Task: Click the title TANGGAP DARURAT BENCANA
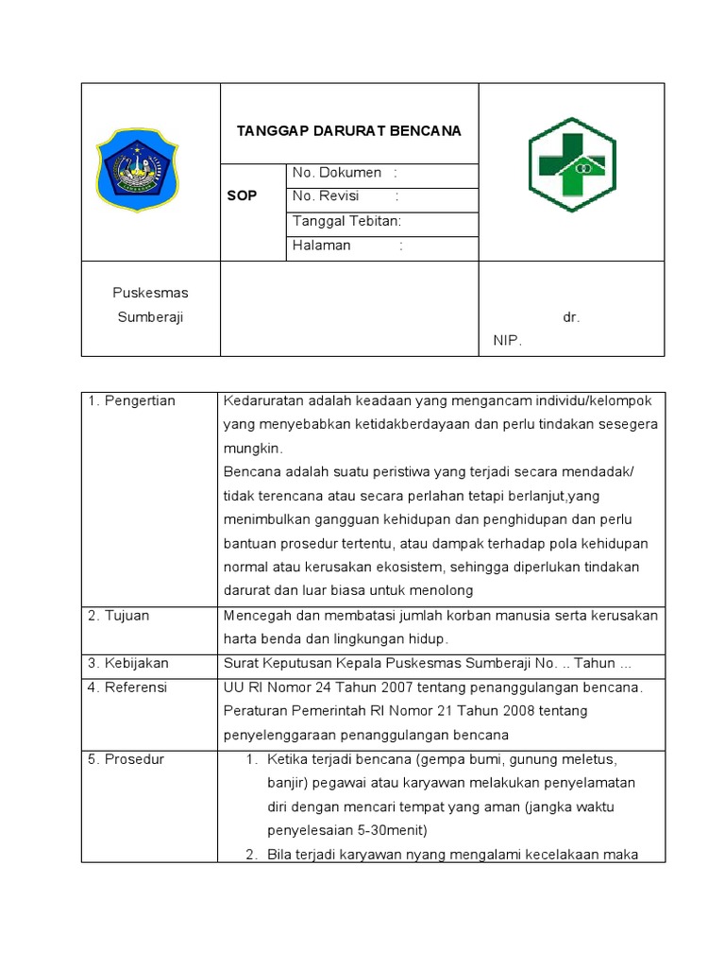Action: pos(348,130)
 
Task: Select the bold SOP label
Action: pos(242,195)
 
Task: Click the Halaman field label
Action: pos(322,246)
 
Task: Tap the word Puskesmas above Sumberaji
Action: pos(150,293)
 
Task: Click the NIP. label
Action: pos(506,341)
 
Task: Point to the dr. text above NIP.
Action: pos(570,317)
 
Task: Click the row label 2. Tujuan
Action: pos(119,616)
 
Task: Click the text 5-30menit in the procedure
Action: pos(395,831)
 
